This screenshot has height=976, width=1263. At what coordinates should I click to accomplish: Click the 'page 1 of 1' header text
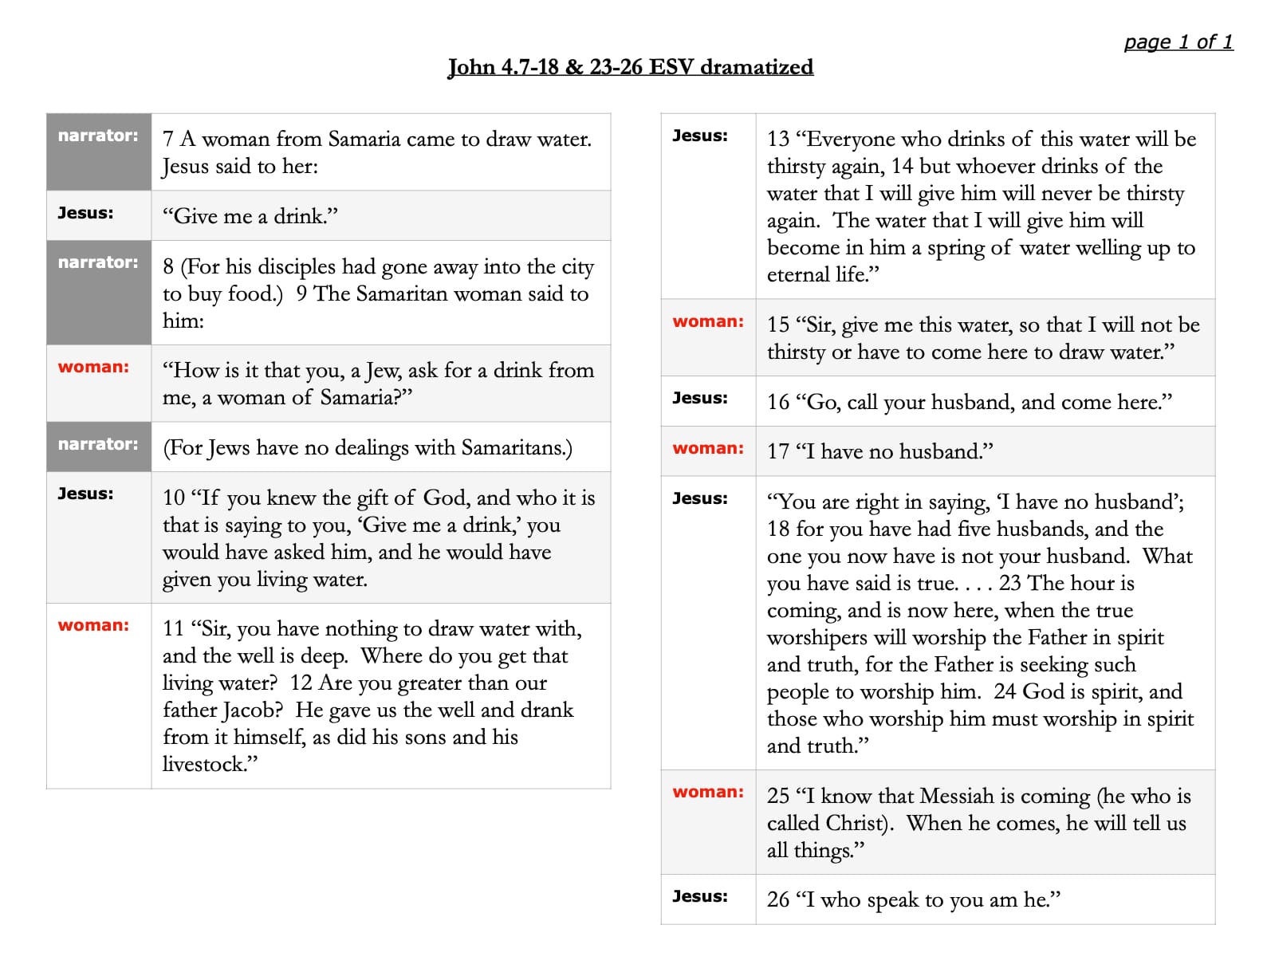coord(1178,42)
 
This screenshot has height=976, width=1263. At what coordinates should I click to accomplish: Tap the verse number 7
coord(167,140)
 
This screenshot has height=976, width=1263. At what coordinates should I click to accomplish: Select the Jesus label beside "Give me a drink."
coord(85,213)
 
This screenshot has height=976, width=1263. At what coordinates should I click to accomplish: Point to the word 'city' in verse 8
coord(578,267)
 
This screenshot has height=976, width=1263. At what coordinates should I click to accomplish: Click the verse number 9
coord(301,294)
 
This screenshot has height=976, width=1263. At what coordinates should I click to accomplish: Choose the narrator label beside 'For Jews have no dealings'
coord(97,444)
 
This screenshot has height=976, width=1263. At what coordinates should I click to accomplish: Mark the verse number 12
coord(301,683)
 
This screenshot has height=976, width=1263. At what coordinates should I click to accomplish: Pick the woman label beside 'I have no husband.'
coord(707,448)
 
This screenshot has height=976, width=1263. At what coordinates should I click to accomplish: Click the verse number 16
coord(777,403)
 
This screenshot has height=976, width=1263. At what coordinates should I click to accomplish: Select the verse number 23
coord(1009,584)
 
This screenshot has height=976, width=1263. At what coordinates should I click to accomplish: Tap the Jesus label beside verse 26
coord(699,896)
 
